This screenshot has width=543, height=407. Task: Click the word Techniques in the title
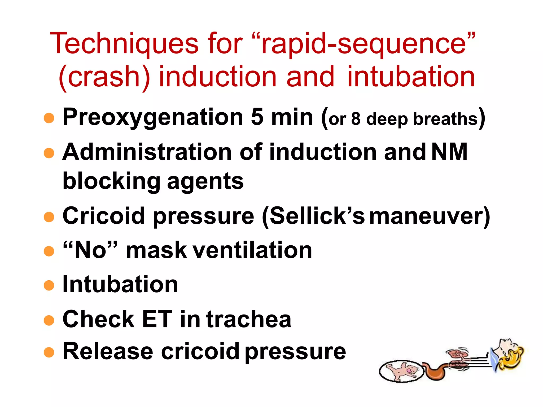(x=124, y=44)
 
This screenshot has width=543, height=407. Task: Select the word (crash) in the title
(x=104, y=77)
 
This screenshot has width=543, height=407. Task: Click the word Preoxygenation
(x=153, y=118)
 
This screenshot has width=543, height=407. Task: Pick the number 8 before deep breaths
(x=356, y=119)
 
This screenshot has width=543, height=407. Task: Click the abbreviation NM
(x=449, y=152)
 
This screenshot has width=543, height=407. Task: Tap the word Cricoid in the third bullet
(x=104, y=216)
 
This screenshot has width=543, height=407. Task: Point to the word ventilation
(x=252, y=250)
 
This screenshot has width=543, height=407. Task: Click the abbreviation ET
(x=157, y=319)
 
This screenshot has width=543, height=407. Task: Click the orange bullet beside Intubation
(x=49, y=286)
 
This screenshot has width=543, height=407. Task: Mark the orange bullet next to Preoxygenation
(x=49, y=118)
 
